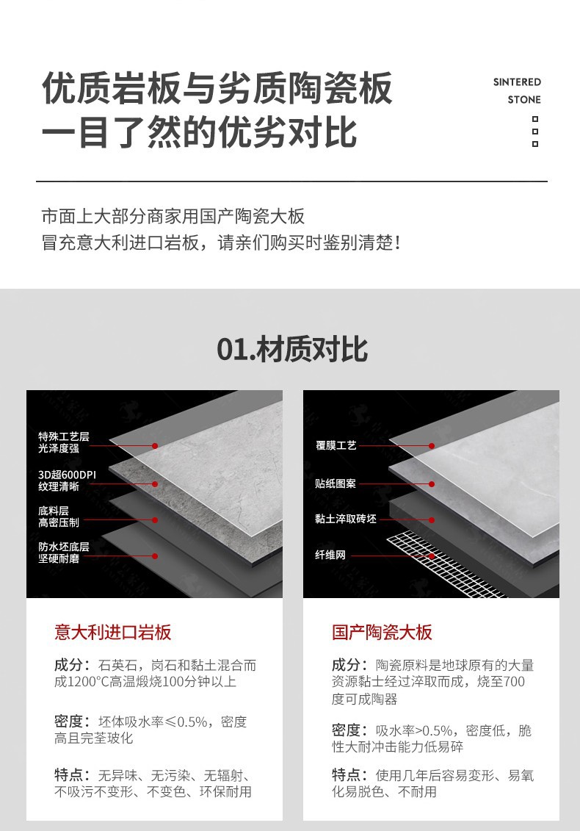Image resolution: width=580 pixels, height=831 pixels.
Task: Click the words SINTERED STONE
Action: click(x=517, y=90)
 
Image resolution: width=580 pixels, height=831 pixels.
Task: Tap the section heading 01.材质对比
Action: click(x=292, y=350)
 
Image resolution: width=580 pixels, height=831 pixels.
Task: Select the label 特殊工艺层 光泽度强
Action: click(x=64, y=442)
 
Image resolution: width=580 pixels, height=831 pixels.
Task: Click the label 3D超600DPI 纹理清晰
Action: click(x=67, y=480)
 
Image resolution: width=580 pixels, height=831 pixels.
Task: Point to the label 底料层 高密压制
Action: click(x=58, y=517)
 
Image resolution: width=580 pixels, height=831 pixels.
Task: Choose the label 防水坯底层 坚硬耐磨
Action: click(x=64, y=553)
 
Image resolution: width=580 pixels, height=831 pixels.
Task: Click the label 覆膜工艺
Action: click(x=336, y=446)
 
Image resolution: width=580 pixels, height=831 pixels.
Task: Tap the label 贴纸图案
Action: click(x=336, y=483)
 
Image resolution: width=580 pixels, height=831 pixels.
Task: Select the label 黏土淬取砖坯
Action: click(x=345, y=519)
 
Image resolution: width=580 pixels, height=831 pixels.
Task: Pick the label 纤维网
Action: click(x=330, y=555)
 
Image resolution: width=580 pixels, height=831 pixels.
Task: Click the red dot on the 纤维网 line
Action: click(x=432, y=556)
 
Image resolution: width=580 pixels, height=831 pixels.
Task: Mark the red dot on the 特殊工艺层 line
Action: click(x=155, y=446)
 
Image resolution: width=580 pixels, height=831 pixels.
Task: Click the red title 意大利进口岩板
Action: click(x=113, y=633)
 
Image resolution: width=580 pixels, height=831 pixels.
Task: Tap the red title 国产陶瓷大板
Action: click(x=382, y=633)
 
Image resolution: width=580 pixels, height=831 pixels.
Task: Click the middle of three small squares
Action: click(x=535, y=132)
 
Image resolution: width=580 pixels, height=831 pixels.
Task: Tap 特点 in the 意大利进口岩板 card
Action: click(x=68, y=775)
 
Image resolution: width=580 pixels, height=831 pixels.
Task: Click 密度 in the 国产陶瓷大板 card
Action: click(x=345, y=730)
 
